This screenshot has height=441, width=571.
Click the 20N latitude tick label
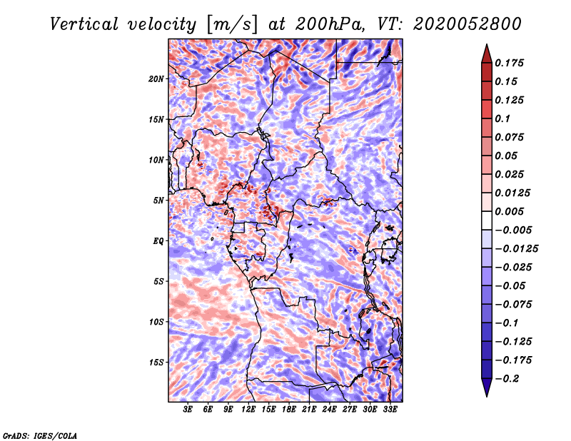click(156, 79)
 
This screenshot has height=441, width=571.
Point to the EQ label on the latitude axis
click(158, 241)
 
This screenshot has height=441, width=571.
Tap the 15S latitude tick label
click(156, 363)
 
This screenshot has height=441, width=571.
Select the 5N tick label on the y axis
click(158, 201)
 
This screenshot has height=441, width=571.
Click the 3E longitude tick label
click(188, 410)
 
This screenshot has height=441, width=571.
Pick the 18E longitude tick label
click(289, 410)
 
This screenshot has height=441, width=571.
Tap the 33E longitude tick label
click(390, 410)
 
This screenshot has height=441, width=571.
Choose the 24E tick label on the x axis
click(329, 410)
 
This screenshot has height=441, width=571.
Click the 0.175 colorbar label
click(509, 63)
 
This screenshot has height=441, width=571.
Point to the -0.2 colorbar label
click(507, 379)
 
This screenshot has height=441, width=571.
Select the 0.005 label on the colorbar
click(509, 211)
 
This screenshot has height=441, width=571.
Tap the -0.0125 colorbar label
click(516, 249)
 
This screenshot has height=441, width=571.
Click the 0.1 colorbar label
click(502, 118)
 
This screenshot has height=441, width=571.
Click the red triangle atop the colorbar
click(487, 54)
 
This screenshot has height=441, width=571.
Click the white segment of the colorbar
click(487, 220)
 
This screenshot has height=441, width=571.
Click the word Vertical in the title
click(84, 24)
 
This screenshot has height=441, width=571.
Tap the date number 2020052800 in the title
click(468, 24)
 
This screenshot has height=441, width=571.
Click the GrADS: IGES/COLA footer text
click(40, 436)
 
